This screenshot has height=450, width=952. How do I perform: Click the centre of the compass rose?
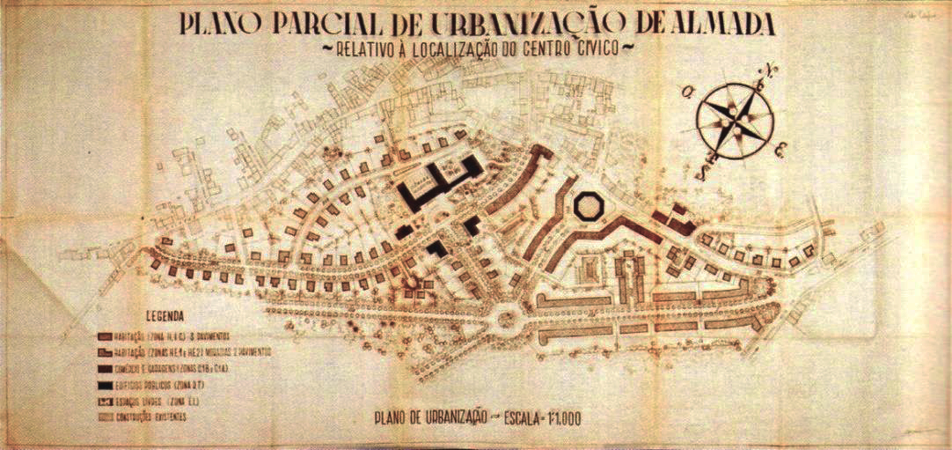(x=736, y=119)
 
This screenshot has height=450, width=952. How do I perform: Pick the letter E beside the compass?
(x=780, y=151)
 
